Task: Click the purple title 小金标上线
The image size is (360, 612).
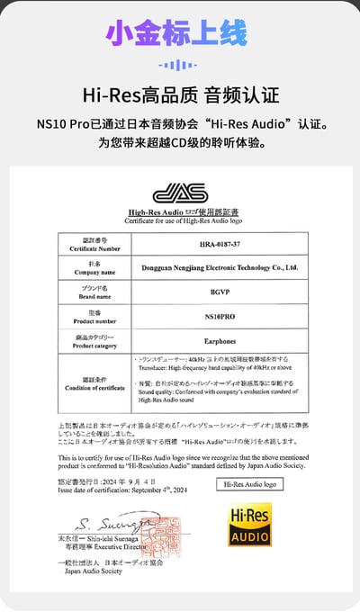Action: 176,34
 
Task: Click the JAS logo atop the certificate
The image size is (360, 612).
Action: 179,193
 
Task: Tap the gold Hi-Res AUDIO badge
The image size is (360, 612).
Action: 248,525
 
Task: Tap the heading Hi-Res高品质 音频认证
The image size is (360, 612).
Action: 180,95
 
